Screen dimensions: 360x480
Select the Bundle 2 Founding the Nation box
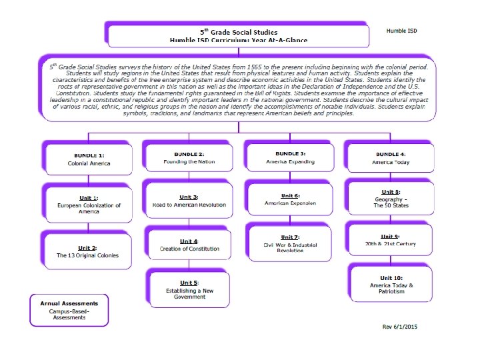(187, 158)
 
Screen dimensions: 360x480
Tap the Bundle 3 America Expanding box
(289, 158)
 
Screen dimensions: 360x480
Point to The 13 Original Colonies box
(88, 251)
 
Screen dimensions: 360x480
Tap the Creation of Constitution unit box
(189, 245)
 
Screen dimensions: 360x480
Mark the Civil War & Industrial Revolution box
(290, 243)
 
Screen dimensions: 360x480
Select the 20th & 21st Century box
(391, 241)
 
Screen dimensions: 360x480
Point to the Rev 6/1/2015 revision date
(399, 327)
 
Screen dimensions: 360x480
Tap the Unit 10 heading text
(391, 277)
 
